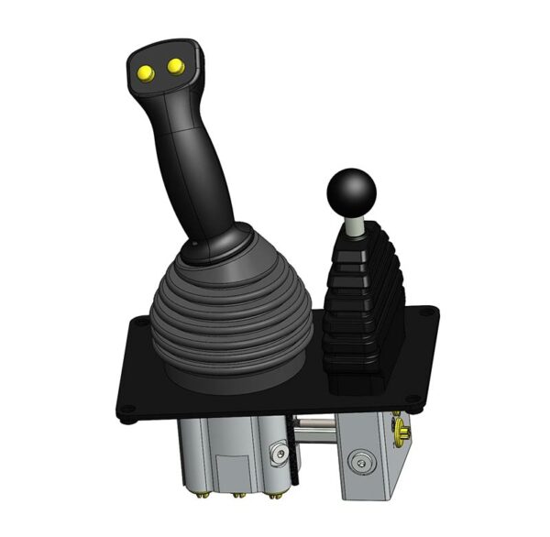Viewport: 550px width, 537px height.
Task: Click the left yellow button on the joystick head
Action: point(145,71)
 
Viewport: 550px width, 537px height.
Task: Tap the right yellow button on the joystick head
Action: point(173,65)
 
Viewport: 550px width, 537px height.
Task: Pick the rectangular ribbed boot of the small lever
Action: point(365,302)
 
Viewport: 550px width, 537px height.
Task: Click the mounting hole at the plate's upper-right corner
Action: point(423,312)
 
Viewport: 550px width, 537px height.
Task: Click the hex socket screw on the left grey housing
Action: point(279,454)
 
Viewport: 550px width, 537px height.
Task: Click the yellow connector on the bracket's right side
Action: point(401,431)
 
